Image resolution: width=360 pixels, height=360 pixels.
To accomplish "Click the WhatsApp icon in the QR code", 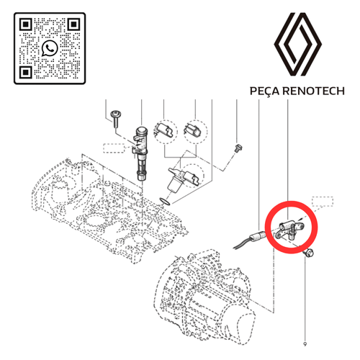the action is pos(50,48).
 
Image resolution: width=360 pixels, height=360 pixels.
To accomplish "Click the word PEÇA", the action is pos(264,91).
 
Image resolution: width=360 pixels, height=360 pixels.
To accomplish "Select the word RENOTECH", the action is pos(313,91).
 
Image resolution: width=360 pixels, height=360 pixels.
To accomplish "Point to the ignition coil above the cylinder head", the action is pos(141,153).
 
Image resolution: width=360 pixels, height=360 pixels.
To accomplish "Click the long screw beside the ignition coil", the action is pos(116,119).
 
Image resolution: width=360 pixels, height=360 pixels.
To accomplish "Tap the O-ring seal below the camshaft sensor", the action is pos(165,202).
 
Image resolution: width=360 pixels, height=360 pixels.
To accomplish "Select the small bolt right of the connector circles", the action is pos(239,148).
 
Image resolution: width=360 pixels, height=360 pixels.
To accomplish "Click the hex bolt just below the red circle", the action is pos(308,252).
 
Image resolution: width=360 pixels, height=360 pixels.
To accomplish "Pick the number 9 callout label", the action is pos(305,344).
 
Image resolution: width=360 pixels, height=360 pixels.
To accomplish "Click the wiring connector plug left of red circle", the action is pos(258,236).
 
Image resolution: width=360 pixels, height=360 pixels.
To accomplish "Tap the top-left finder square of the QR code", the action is pos(26,24).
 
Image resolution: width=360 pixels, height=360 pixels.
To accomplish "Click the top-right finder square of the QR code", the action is pos(73,24).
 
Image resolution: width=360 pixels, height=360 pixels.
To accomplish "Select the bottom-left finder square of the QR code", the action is pos(26,72).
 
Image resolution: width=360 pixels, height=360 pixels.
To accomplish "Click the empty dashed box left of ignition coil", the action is pos(114,148).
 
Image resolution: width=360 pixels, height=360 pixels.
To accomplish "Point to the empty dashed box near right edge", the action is pos(323,202).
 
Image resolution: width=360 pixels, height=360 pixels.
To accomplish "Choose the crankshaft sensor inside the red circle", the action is pos(290,230).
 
